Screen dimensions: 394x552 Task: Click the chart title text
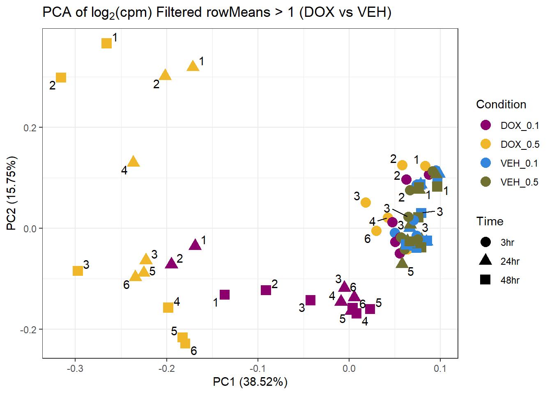tap(217, 12)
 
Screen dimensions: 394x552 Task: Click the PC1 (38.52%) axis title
tap(250, 382)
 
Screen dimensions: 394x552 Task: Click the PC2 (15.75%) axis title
tap(11, 193)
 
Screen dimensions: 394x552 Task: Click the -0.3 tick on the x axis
tap(75, 368)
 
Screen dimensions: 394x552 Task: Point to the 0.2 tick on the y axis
tap(30, 128)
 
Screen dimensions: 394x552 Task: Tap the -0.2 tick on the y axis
tap(28, 330)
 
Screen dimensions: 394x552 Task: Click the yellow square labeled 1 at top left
tap(106, 43)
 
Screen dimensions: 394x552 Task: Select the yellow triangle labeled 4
tap(133, 162)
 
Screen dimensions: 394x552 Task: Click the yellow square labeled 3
tap(78, 271)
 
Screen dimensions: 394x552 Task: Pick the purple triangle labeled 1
tap(195, 245)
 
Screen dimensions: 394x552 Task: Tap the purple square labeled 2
tap(266, 290)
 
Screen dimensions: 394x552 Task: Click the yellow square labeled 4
tap(168, 307)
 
